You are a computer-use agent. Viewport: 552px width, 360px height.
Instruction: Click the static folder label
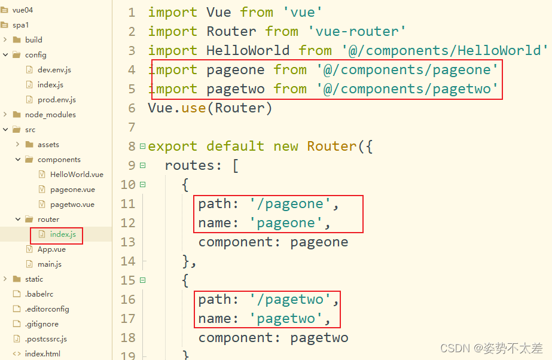coord(34,279)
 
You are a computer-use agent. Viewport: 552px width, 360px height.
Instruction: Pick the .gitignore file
coord(41,324)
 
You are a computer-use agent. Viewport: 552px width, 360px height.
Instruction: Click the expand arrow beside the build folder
coord(5,39)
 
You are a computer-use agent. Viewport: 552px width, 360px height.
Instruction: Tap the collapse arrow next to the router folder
coord(18,219)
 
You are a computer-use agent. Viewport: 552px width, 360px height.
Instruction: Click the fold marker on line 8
coord(142,146)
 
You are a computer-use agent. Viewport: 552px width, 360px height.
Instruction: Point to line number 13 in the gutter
coord(128,242)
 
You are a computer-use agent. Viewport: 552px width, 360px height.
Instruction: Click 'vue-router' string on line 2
coord(356,31)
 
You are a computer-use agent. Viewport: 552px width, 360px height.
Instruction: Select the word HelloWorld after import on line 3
coord(248,50)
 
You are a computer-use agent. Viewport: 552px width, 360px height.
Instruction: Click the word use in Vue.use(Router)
coord(194,108)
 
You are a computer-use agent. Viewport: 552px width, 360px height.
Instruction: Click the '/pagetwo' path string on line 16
coord(290,300)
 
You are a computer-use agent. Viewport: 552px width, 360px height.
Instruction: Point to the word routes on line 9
coord(190,165)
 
